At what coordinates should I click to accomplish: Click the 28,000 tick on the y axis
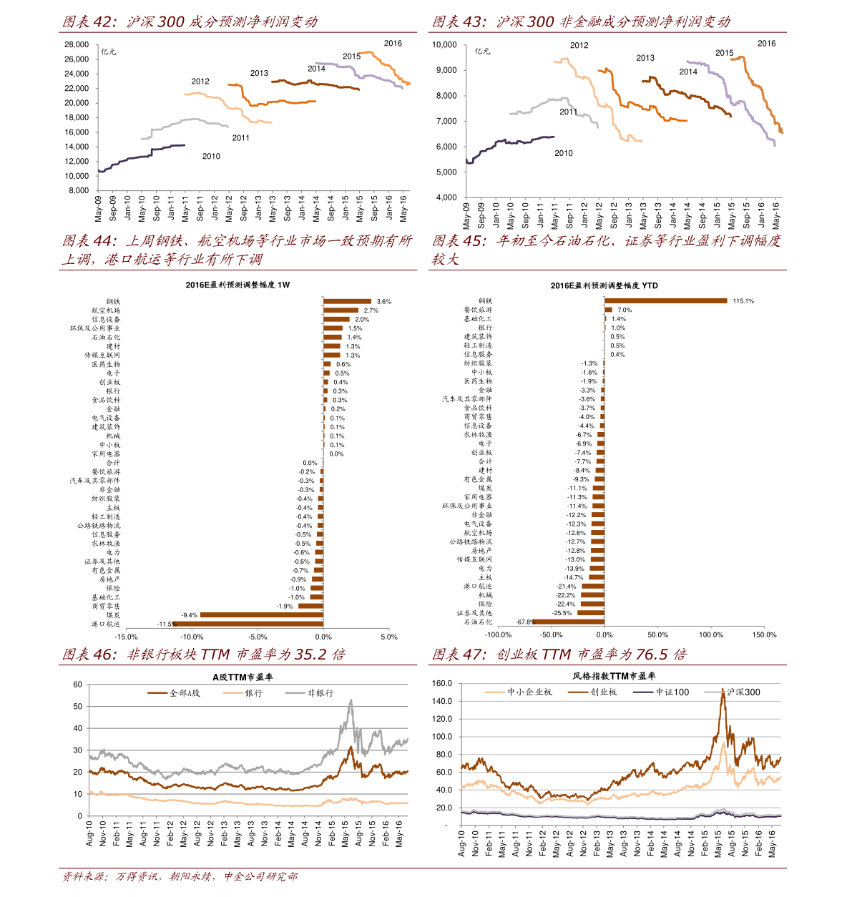tap(77, 44)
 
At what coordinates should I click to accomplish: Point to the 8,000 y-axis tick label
tap(79, 191)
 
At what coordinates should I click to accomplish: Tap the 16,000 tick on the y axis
tap(77, 132)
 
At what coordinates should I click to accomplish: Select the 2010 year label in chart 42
tap(211, 156)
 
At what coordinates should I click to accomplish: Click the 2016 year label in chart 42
tap(393, 43)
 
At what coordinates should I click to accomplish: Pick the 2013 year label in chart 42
tap(259, 73)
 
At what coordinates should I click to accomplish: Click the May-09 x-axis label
tap(99, 207)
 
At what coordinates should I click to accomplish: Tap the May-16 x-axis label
tap(403, 207)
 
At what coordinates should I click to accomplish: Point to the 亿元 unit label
tap(108, 52)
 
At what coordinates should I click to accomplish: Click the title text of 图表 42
tap(190, 22)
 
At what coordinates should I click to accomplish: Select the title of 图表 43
tap(581, 22)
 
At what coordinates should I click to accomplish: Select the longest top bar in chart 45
tap(666, 300)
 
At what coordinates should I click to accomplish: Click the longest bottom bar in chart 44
tap(248, 624)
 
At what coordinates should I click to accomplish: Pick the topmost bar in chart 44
tap(347, 301)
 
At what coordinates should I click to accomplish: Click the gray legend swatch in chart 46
tap(295, 692)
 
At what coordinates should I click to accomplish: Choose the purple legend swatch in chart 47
tap(643, 692)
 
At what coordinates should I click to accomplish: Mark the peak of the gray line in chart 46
tap(351, 700)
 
